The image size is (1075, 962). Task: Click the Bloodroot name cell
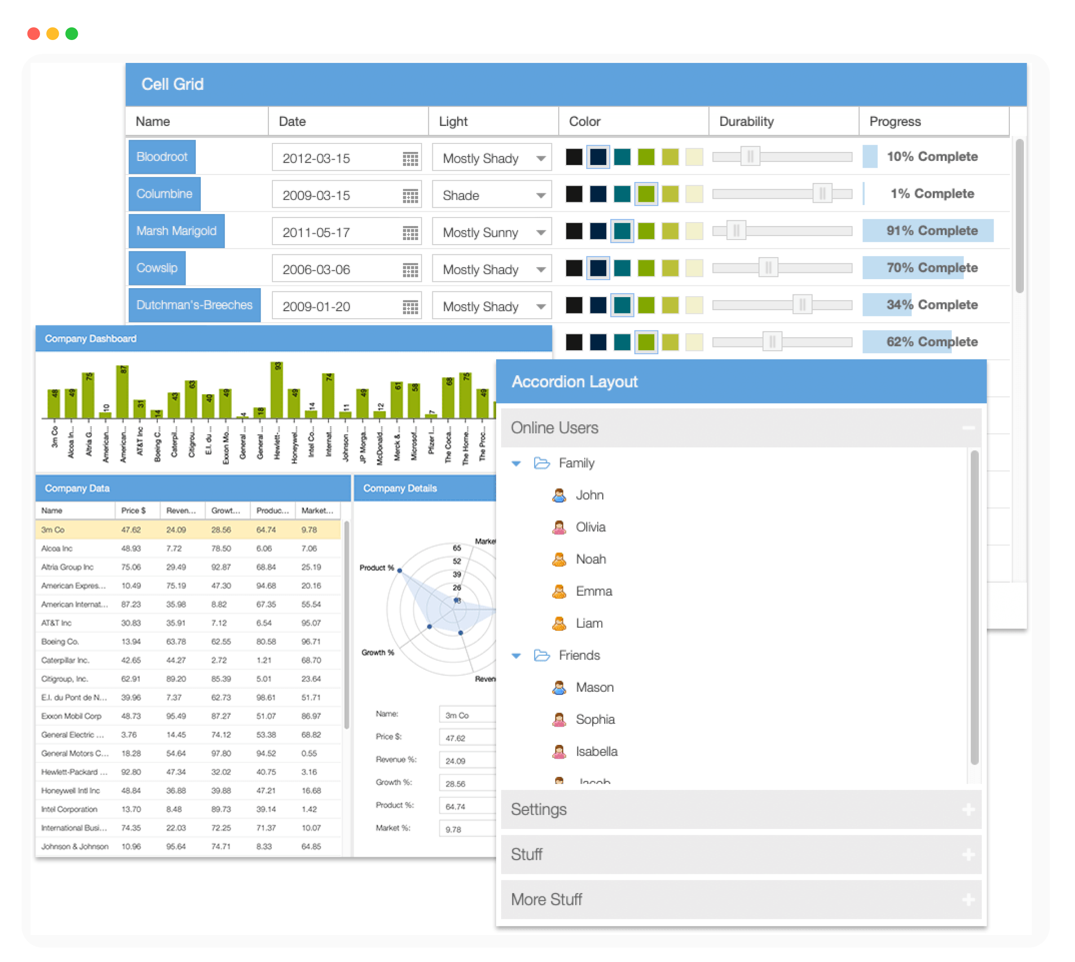pos(162,157)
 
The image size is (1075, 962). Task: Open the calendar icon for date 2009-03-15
pos(410,196)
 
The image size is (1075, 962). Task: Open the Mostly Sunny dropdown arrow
pos(540,232)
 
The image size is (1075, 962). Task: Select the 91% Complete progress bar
pos(928,231)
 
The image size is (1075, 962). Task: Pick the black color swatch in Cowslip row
pos(574,268)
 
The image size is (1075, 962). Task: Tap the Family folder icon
pos(542,463)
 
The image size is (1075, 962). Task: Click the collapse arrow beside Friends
pos(516,656)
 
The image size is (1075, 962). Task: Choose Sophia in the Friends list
pos(595,719)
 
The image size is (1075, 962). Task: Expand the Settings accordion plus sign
pos(968,809)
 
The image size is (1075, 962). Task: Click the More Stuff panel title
pos(546,899)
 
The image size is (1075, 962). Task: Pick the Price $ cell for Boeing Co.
pos(131,641)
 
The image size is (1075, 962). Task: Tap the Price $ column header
pos(133,511)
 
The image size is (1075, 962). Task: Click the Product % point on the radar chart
pos(400,570)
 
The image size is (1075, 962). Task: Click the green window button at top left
pos(72,34)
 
